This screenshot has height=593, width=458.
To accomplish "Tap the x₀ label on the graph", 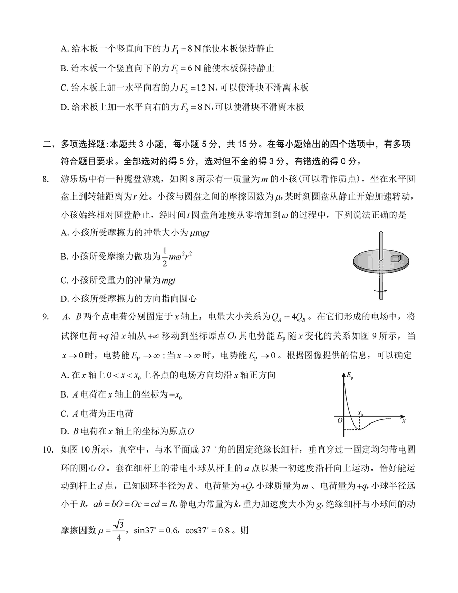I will click(x=361, y=414).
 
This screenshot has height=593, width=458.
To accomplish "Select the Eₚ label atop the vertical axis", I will click(x=349, y=376).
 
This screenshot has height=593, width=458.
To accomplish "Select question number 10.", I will click(x=48, y=448).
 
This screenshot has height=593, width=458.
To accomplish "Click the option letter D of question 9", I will click(x=64, y=432).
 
